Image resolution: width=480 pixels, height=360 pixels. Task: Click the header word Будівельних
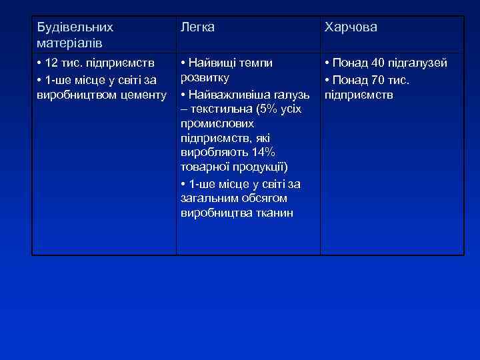(x=75, y=27)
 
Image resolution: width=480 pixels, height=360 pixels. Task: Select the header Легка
(x=198, y=27)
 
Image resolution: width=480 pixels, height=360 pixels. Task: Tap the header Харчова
(x=351, y=27)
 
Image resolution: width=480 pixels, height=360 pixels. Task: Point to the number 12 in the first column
(x=52, y=63)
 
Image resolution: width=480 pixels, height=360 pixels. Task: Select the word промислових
(x=217, y=123)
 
